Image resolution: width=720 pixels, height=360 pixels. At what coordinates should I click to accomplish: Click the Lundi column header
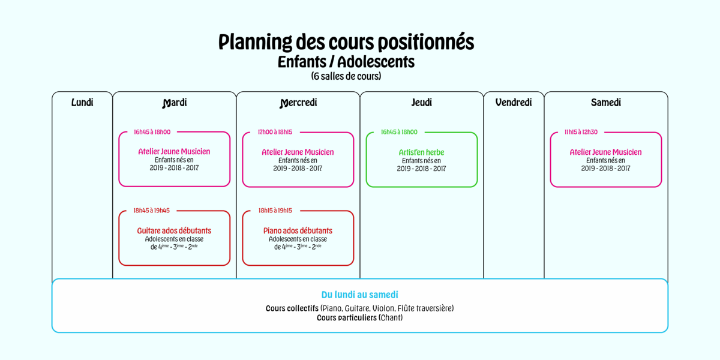click(x=82, y=103)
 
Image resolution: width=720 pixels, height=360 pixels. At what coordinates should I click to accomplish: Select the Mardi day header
click(x=175, y=103)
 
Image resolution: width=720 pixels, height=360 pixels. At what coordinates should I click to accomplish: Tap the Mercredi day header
click(x=298, y=103)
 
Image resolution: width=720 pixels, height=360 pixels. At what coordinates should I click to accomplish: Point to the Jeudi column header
click(x=422, y=103)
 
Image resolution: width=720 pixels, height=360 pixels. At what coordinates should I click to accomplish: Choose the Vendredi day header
click(x=514, y=103)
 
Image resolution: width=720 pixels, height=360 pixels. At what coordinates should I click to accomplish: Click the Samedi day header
click(x=606, y=103)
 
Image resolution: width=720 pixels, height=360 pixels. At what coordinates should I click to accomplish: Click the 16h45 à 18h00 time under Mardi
click(x=152, y=132)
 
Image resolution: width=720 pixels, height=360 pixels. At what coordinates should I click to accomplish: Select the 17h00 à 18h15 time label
click(x=275, y=132)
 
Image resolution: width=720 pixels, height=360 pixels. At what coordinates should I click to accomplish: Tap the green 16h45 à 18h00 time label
click(x=399, y=132)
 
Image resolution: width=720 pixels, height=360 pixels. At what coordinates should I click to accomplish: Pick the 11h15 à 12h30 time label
click(x=581, y=132)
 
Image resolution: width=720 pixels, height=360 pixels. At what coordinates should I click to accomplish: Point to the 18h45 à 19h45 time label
click(x=152, y=211)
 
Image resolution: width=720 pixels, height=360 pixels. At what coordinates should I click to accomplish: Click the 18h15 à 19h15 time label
click(x=275, y=211)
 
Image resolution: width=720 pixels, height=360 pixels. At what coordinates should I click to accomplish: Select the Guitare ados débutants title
click(x=174, y=230)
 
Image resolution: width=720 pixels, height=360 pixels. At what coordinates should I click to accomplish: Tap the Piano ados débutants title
click(x=298, y=230)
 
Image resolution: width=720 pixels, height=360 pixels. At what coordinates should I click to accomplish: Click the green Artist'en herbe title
click(x=421, y=152)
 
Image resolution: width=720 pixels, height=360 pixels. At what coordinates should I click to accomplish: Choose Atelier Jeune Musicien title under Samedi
click(x=605, y=152)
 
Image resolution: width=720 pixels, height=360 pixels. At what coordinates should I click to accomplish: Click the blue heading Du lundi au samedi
click(x=359, y=295)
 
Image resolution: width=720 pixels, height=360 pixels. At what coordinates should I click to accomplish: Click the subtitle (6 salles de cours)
click(x=346, y=76)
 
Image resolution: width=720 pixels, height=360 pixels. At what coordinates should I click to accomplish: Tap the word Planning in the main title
click(x=255, y=43)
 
